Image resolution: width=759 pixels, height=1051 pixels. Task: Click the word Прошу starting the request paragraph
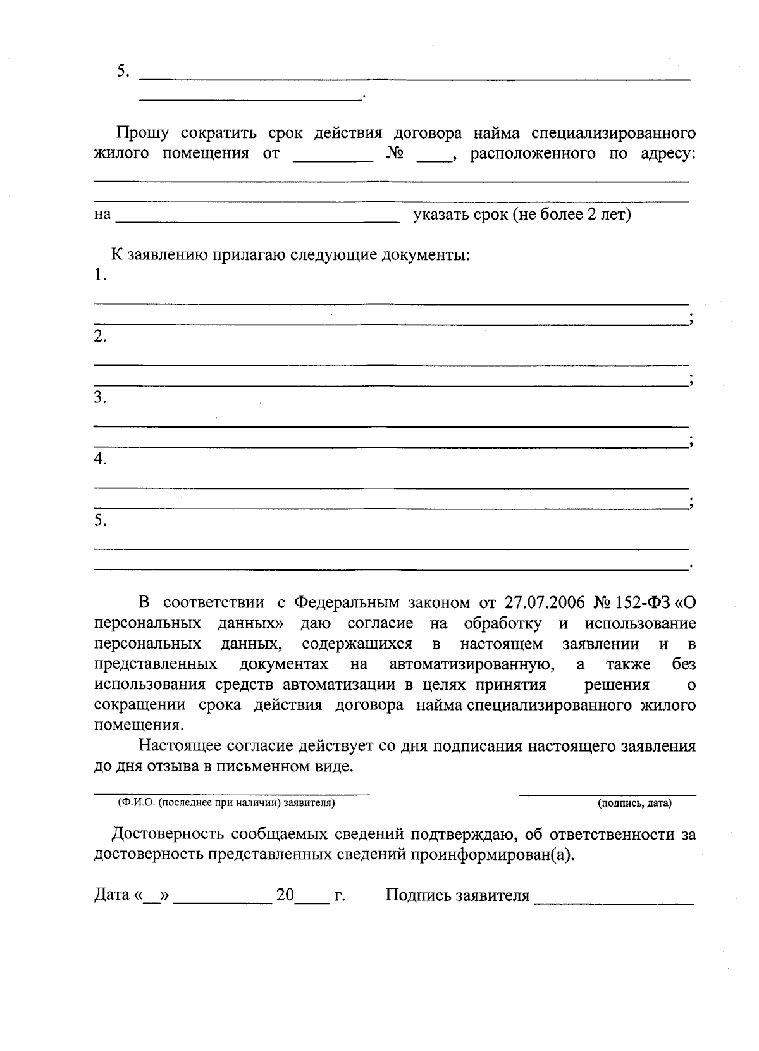coord(142,134)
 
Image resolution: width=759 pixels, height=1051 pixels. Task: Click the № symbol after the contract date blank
coord(395,154)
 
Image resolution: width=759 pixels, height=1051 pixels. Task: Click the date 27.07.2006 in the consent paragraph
coord(545,602)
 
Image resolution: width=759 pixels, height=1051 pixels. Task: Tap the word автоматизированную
coord(472,664)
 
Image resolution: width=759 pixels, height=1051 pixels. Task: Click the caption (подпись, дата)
coord(635,804)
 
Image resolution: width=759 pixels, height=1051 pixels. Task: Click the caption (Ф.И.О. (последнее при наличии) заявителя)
coord(226,804)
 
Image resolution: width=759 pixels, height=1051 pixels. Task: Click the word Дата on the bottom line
coord(112,895)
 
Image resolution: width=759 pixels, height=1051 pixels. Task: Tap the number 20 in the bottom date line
coord(285,895)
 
